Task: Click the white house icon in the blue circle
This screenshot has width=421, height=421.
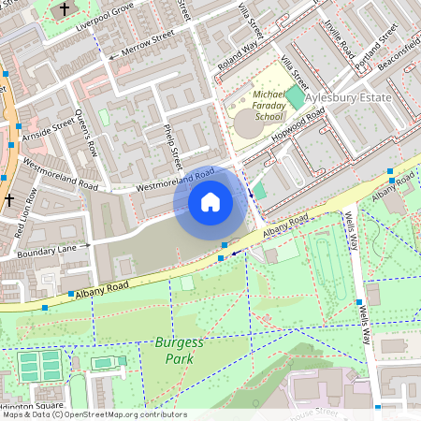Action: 210,202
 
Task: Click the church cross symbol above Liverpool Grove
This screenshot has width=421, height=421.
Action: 65,10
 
